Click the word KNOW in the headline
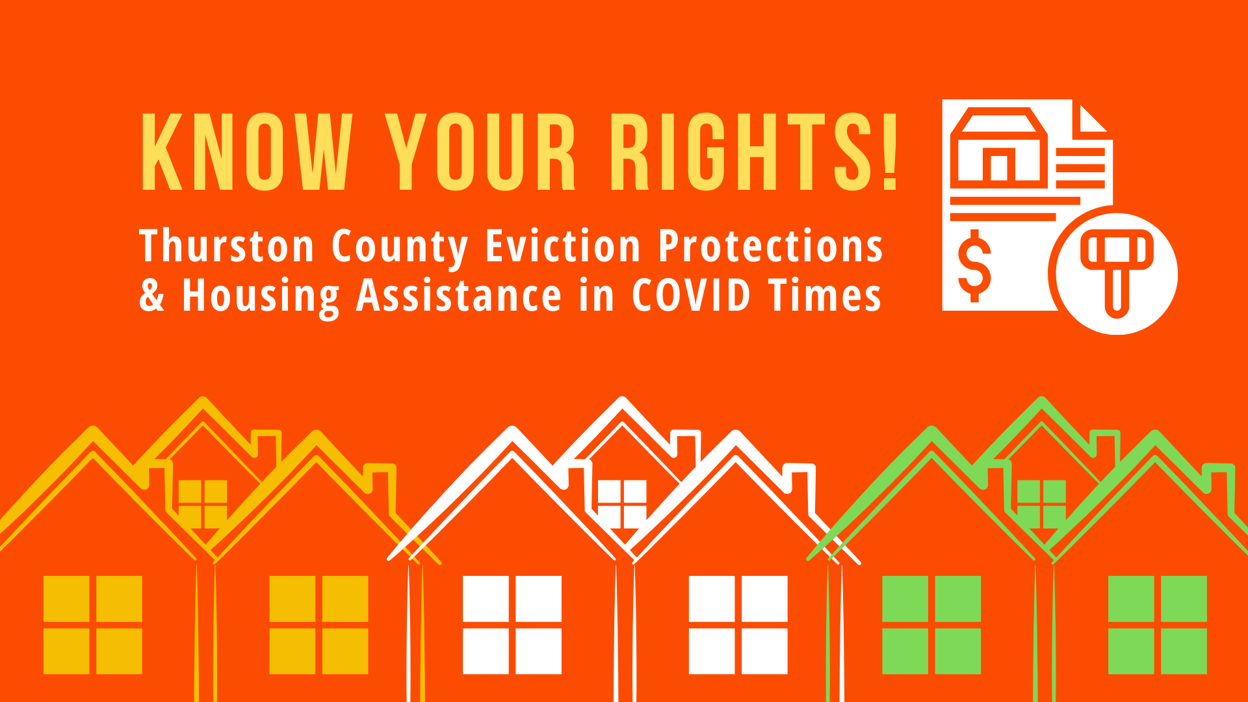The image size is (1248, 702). (x=247, y=152)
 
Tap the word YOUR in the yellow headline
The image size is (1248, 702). (x=481, y=152)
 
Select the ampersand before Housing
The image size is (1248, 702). (x=152, y=294)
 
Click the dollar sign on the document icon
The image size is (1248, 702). (x=974, y=266)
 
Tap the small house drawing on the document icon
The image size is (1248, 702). (x=999, y=147)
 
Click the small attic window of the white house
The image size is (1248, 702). (x=622, y=504)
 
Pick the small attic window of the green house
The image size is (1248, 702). (x=1041, y=504)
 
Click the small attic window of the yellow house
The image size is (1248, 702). (x=203, y=504)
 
